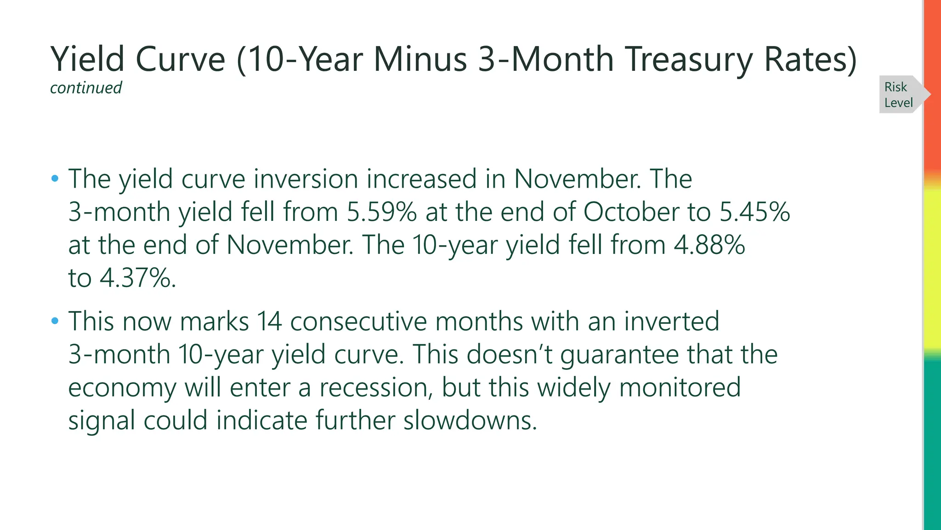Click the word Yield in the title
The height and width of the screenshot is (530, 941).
(x=87, y=59)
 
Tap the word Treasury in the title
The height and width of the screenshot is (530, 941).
(x=689, y=59)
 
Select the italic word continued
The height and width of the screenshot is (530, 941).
(x=86, y=88)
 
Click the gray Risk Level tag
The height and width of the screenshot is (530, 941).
(x=898, y=95)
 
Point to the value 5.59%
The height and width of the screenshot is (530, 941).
(x=381, y=212)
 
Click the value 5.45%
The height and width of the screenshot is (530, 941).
(x=754, y=212)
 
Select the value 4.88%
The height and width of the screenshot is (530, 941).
(x=709, y=245)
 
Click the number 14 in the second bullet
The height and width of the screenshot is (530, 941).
(x=269, y=321)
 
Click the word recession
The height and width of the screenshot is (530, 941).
(x=376, y=387)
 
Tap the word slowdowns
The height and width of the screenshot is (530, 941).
(x=470, y=421)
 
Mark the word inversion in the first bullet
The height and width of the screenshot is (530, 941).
(x=306, y=179)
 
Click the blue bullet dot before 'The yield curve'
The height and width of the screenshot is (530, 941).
(x=55, y=178)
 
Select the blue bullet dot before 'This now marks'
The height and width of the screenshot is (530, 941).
(x=55, y=321)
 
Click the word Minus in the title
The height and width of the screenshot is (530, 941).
(x=420, y=59)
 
